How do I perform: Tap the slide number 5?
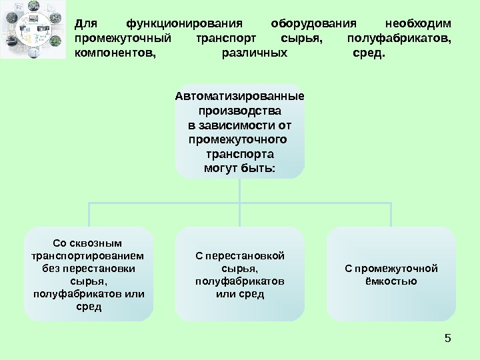[x=447, y=339]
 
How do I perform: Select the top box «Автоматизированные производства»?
[x=240, y=131]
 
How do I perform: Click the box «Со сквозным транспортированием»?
[x=89, y=273]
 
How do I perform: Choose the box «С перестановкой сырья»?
[x=240, y=273]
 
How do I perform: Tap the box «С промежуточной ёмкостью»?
[x=391, y=273]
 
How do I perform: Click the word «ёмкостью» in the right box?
[x=391, y=281]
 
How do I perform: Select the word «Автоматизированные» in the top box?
[x=240, y=95]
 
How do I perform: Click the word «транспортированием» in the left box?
[x=89, y=255]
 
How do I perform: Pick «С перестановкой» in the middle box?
[x=240, y=255]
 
